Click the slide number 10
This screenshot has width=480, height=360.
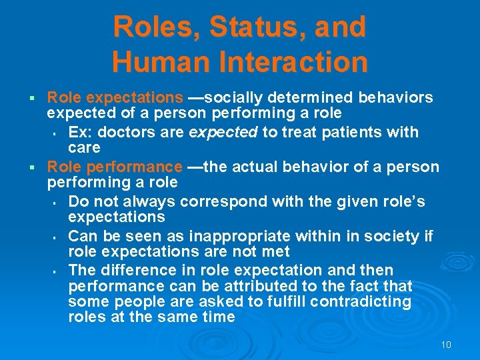[x=446, y=345]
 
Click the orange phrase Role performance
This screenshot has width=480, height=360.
[x=115, y=167]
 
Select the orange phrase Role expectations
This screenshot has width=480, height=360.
[x=115, y=98]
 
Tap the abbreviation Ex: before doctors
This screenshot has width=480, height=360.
[x=79, y=132]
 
